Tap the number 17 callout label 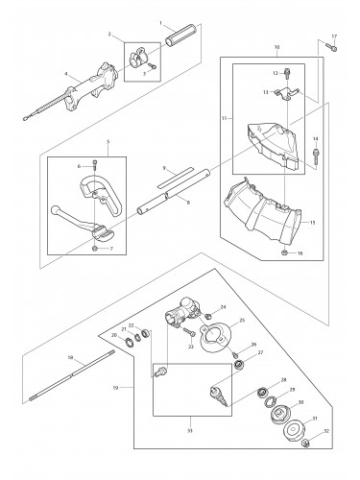[334, 36]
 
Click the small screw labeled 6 [94, 165]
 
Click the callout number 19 [116, 388]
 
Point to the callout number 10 [276, 46]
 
